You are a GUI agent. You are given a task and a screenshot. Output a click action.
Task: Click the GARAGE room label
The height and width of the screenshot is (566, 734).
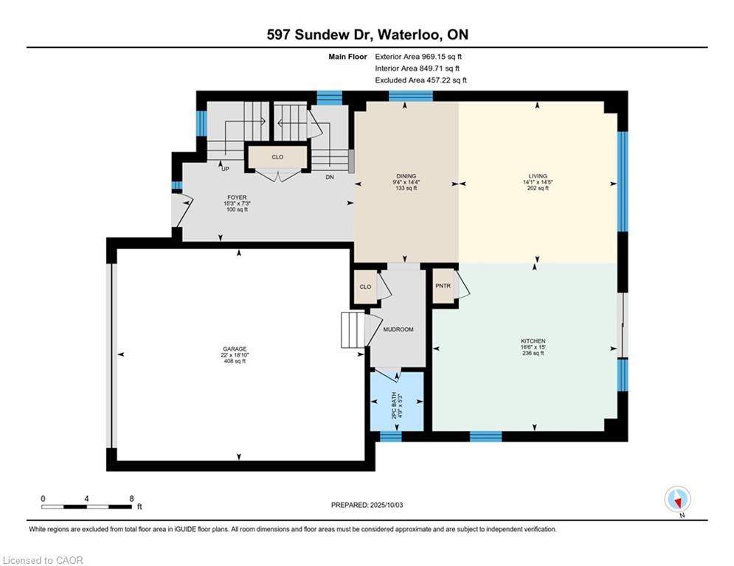click(x=235, y=349)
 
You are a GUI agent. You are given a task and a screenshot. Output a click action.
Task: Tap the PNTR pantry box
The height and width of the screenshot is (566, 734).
click(x=443, y=286)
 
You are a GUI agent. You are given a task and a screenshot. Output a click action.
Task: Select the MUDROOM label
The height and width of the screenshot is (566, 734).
click(x=398, y=329)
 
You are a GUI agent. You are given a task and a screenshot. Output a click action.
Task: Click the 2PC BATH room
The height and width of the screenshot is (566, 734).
click(x=397, y=402)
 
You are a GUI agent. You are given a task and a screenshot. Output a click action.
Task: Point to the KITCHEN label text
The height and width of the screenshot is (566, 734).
click(x=533, y=341)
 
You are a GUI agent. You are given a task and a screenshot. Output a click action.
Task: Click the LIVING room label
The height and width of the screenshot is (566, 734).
click(x=537, y=176)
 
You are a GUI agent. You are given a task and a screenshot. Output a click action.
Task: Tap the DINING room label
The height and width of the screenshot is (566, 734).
click(x=406, y=176)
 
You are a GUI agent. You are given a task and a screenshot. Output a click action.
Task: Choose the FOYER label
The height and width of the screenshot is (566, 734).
click(x=237, y=198)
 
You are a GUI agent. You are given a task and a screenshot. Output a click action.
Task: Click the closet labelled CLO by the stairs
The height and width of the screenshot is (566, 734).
click(x=277, y=157)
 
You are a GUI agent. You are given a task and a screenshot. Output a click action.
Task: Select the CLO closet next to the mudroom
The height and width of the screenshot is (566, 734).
click(x=365, y=287)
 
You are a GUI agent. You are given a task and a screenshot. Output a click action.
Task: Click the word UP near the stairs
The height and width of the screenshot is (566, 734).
click(x=225, y=169)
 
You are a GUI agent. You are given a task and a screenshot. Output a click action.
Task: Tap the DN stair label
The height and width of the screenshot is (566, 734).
click(x=330, y=178)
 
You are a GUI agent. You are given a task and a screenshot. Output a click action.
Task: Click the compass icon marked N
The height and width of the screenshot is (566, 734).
click(x=677, y=500)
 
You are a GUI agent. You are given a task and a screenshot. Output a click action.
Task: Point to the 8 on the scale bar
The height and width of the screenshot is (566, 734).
click(x=131, y=499)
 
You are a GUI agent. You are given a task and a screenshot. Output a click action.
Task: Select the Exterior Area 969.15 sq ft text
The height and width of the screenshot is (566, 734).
click(x=418, y=57)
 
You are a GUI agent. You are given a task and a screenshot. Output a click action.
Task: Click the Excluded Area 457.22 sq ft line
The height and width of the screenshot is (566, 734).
click(x=420, y=80)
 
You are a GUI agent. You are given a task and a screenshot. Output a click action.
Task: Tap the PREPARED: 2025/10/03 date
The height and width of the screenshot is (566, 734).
click(x=367, y=505)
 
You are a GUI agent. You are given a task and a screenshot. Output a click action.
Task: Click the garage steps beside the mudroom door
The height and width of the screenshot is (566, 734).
click(x=353, y=330)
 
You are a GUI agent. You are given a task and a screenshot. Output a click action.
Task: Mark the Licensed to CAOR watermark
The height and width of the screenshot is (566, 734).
click(x=43, y=560)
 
